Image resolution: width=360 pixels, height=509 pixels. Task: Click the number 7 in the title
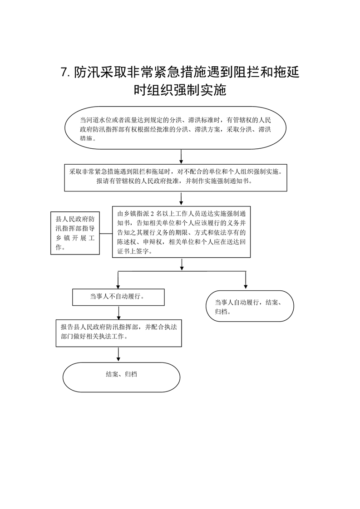pos(64,72)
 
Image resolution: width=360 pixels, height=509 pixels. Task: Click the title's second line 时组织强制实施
pos(180,90)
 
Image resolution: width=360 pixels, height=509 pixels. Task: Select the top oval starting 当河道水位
pos(175,128)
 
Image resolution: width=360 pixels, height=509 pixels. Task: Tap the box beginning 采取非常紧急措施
pos(175,177)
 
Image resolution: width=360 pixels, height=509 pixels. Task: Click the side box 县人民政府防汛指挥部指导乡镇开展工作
pos(75,233)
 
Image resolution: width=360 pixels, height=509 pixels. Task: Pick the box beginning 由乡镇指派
pos(181,232)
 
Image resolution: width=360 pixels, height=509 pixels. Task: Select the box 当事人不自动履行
pos(118,297)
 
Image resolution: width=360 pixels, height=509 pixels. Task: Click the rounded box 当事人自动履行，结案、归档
pos(250,306)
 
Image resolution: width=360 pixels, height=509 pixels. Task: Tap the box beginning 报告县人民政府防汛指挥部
pos(118,333)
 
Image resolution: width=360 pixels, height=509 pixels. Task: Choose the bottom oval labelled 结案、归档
pos(121,377)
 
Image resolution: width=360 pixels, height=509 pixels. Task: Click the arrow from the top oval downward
pos(181,157)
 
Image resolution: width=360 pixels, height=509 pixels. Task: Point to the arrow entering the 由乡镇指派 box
pos(181,199)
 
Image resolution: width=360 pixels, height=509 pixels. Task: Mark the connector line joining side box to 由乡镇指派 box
pos(106,233)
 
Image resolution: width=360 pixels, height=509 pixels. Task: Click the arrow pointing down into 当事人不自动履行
pos(118,280)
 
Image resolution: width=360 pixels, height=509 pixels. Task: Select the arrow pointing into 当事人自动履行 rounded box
pos(246,280)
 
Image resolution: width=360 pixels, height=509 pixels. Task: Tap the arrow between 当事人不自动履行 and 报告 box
pos(118,313)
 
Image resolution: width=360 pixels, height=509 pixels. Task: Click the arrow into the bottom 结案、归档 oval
pos(118,354)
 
